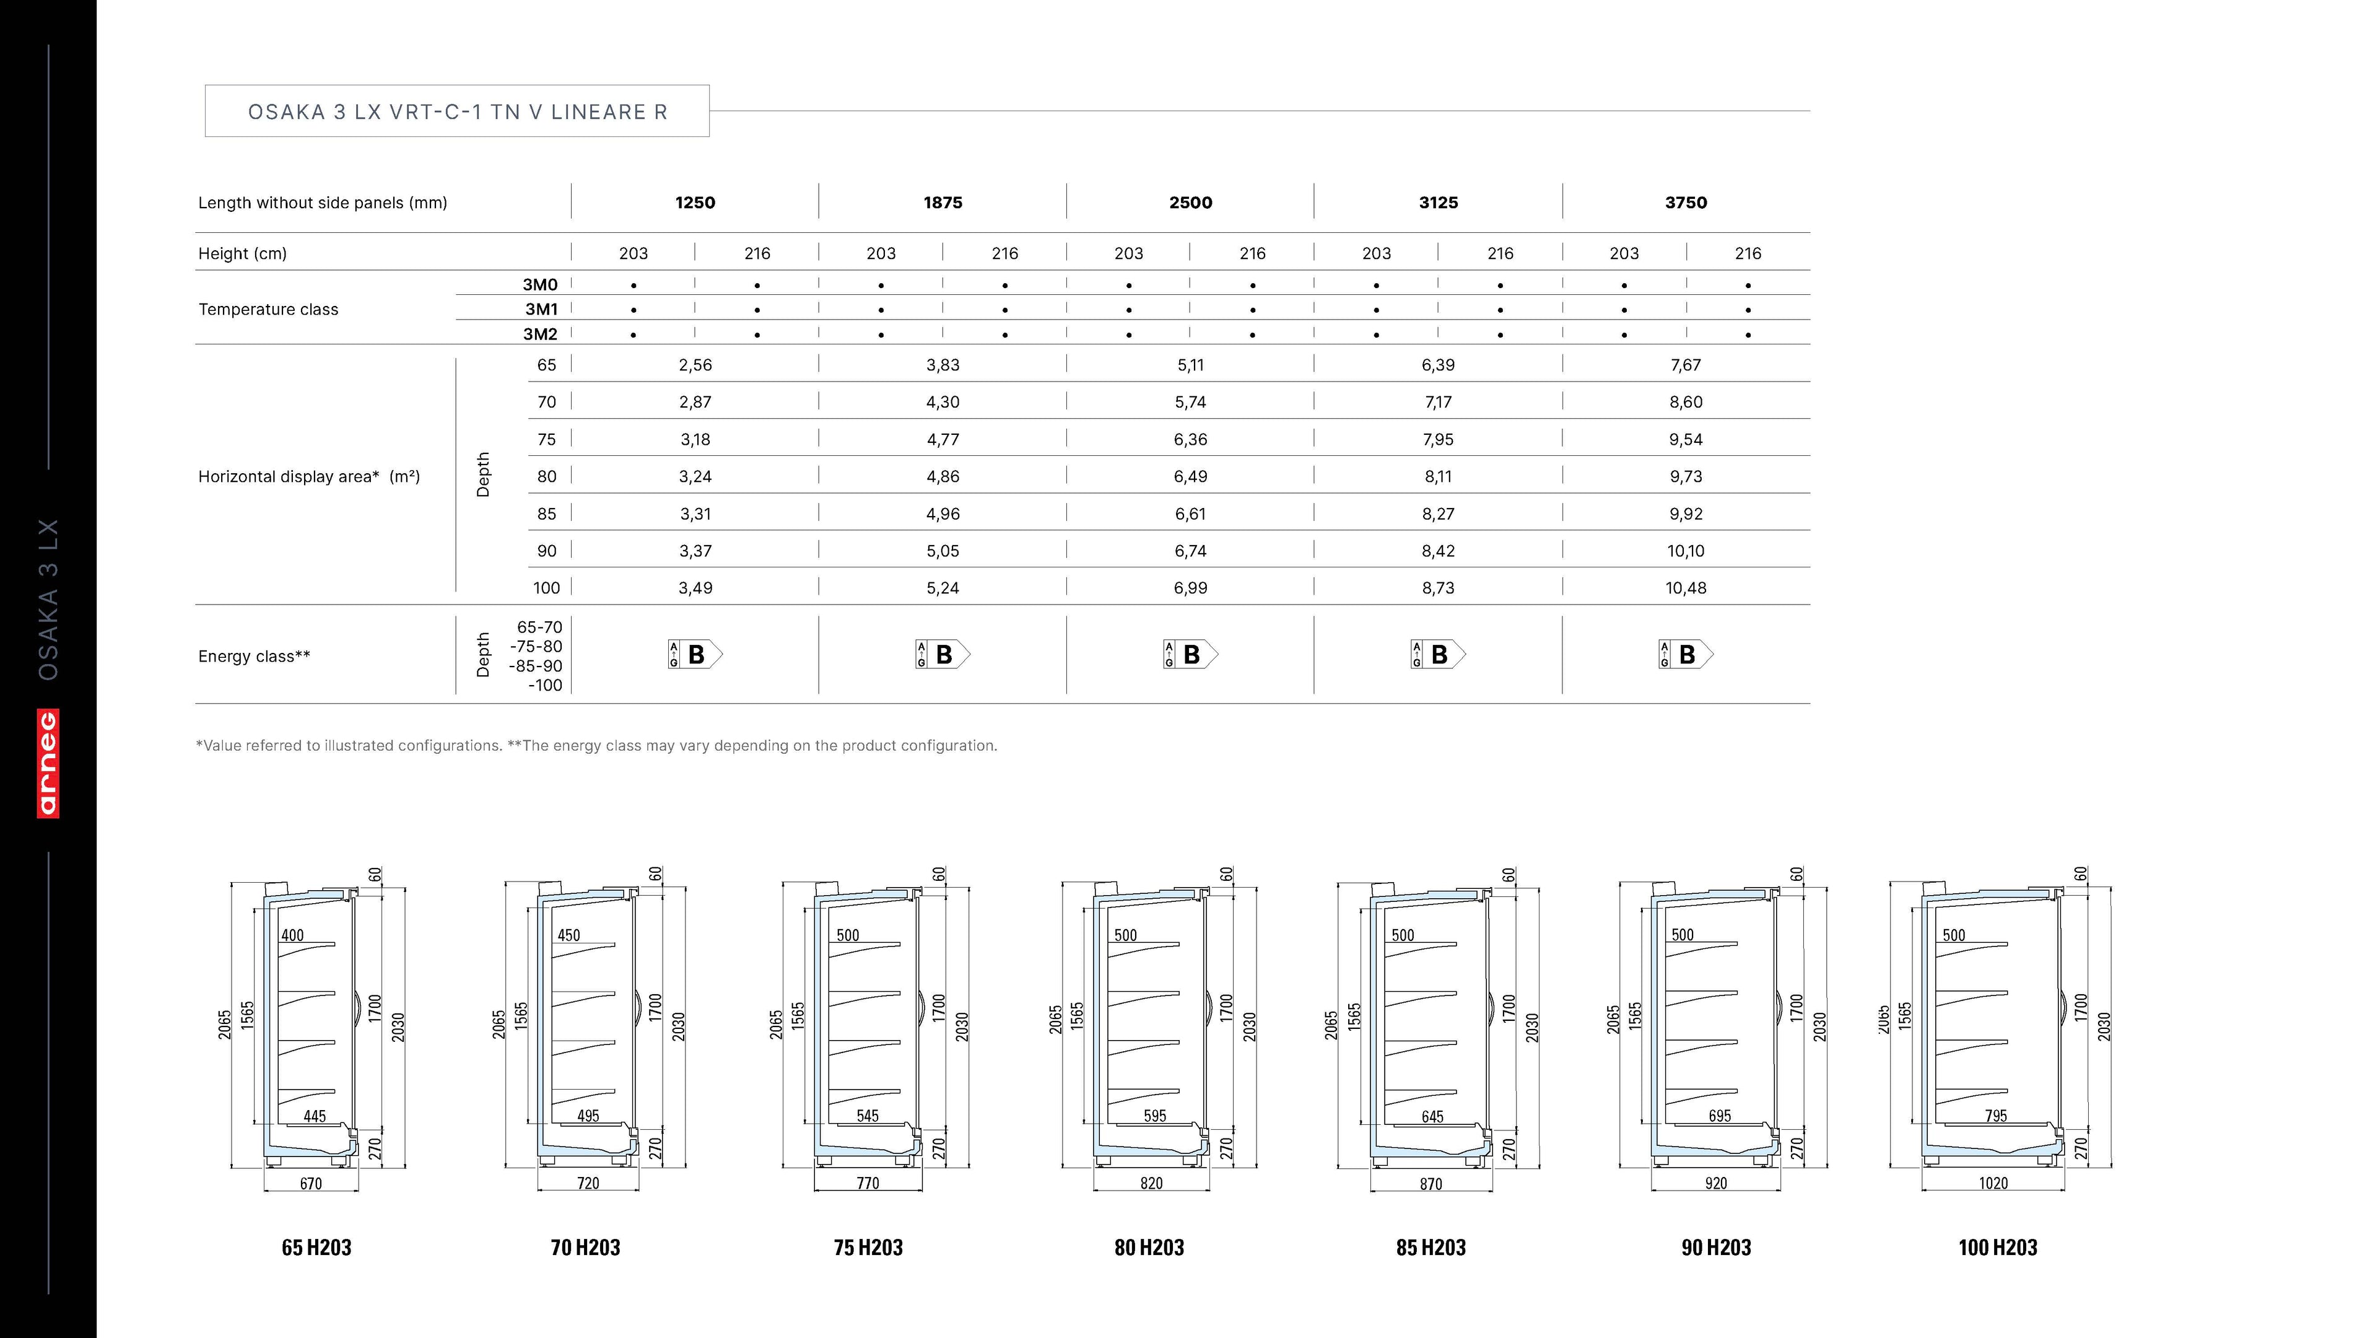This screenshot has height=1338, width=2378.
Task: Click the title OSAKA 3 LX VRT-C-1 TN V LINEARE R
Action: [457, 111]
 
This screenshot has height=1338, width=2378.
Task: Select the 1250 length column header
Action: [695, 202]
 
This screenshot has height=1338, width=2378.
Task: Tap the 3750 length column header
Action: [1686, 202]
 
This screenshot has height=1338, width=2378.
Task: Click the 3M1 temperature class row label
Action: [541, 309]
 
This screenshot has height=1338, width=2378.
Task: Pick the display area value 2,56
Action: [695, 365]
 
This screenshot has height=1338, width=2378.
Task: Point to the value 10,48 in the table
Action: [1686, 587]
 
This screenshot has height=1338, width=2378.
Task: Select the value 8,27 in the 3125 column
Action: [1437, 514]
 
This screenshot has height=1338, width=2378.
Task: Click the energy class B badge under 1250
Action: [695, 655]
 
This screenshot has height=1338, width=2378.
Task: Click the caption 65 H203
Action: [316, 1248]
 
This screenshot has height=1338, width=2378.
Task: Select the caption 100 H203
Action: [1998, 1248]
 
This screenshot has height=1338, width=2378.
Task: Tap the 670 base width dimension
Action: [311, 1184]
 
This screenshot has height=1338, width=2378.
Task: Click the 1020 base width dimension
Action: [1993, 1183]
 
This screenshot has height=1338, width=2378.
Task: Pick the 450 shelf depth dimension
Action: [568, 935]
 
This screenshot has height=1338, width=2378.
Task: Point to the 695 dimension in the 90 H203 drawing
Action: [1720, 1116]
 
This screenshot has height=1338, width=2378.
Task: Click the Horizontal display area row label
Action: [309, 476]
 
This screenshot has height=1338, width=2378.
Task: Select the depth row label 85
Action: [546, 514]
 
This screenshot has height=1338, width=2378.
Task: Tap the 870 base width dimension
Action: [1431, 1184]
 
